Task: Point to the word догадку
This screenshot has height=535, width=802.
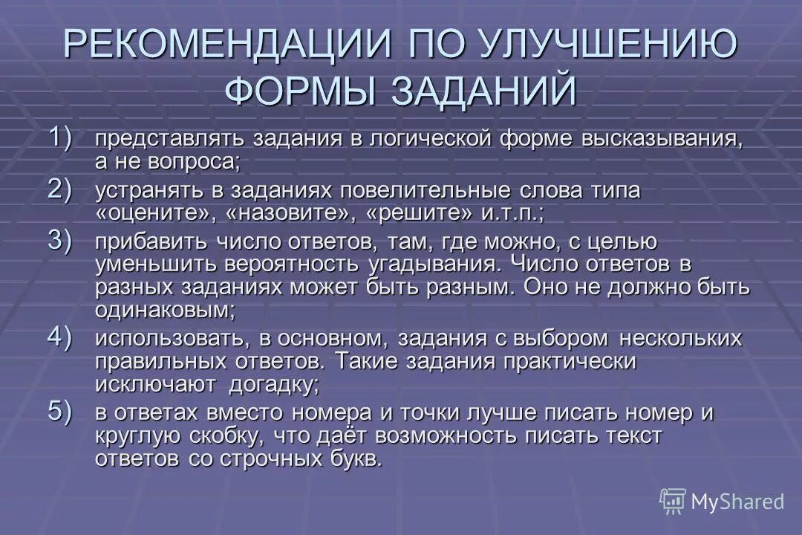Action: click(270, 384)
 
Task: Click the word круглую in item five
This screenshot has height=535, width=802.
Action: click(141, 436)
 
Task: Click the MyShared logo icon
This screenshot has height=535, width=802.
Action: click(672, 501)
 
